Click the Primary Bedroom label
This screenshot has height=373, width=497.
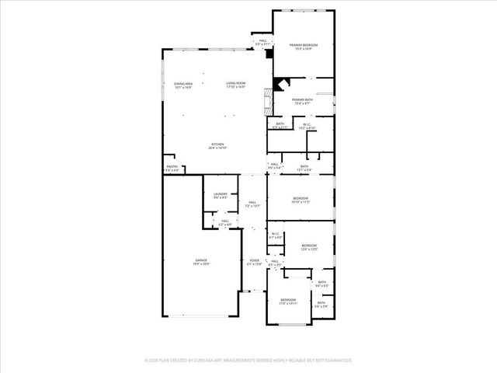(304, 47)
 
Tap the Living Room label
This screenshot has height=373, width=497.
(235, 85)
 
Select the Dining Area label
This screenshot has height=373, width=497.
(183, 85)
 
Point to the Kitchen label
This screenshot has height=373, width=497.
(218, 145)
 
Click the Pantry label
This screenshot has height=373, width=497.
(172, 168)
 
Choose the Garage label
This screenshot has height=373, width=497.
(200, 261)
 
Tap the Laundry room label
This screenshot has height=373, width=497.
(220, 196)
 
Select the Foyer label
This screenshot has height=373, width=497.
(254, 262)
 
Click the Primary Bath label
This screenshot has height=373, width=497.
(304, 101)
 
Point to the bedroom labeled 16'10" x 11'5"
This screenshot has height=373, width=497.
(301, 201)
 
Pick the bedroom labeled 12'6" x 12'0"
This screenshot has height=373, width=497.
(309, 248)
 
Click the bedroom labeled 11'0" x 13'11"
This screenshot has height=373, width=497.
(288, 301)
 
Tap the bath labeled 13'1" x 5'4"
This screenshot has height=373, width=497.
(304, 167)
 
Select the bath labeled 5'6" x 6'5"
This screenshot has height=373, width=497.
(321, 284)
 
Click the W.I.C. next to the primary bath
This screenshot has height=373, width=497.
(306, 127)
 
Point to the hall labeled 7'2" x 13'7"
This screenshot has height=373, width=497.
(252, 204)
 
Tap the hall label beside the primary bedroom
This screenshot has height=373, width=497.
(262, 42)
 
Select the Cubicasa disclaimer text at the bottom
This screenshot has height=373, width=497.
(248, 361)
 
